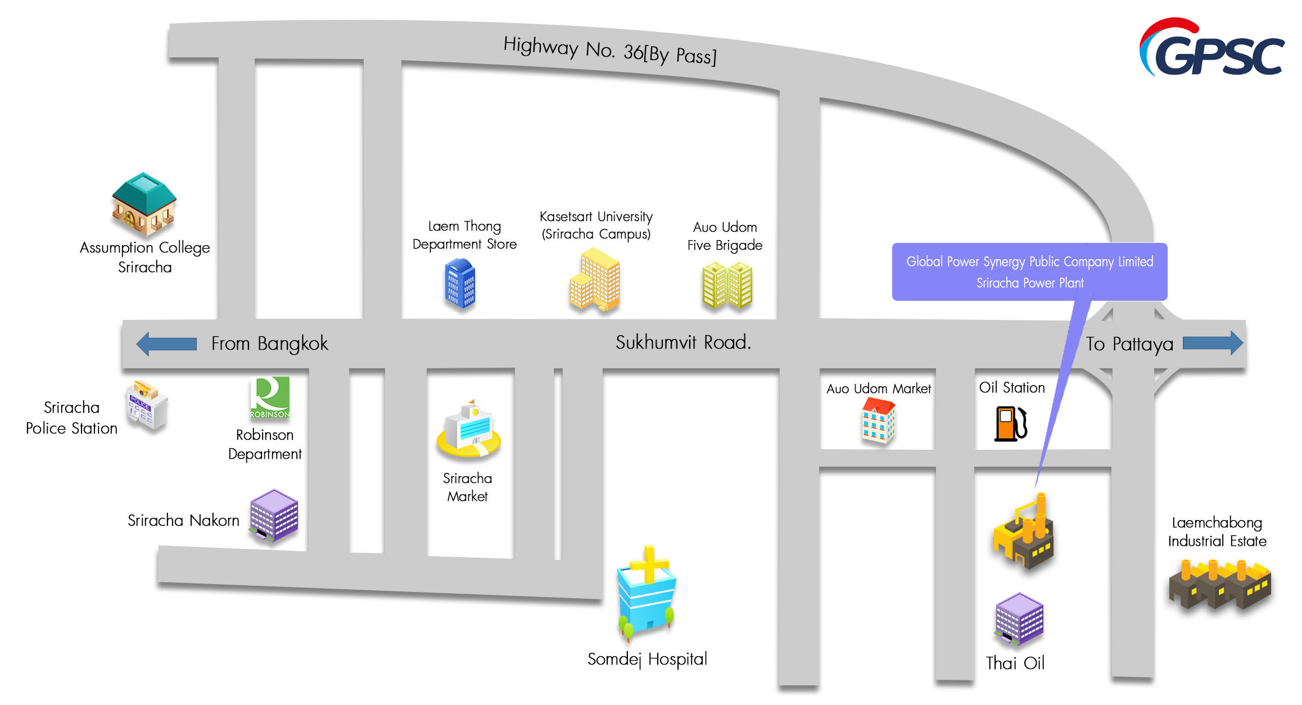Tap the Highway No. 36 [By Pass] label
pyautogui.click(x=609, y=51)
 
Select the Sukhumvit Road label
pyautogui.click(x=683, y=342)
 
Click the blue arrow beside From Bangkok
pyautogui.click(x=166, y=344)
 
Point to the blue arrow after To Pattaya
pyautogui.click(x=1213, y=343)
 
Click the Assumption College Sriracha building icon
pyautogui.click(x=144, y=204)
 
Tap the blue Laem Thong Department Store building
pyautogui.click(x=460, y=283)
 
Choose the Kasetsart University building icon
pyautogui.click(x=595, y=280)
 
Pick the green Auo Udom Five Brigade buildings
pyautogui.click(x=727, y=285)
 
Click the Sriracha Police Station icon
pyautogui.click(x=146, y=405)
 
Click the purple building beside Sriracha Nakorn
pyautogui.click(x=274, y=515)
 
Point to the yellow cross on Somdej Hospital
pyautogui.click(x=649, y=563)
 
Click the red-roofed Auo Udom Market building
pyautogui.click(x=878, y=421)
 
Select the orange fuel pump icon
pyautogui.click(x=1010, y=424)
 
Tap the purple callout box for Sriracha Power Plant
pyautogui.click(x=1029, y=272)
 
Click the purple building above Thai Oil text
pyautogui.click(x=1019, y=618)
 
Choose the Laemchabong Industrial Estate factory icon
pyautogui.click(x=1219, y=585)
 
